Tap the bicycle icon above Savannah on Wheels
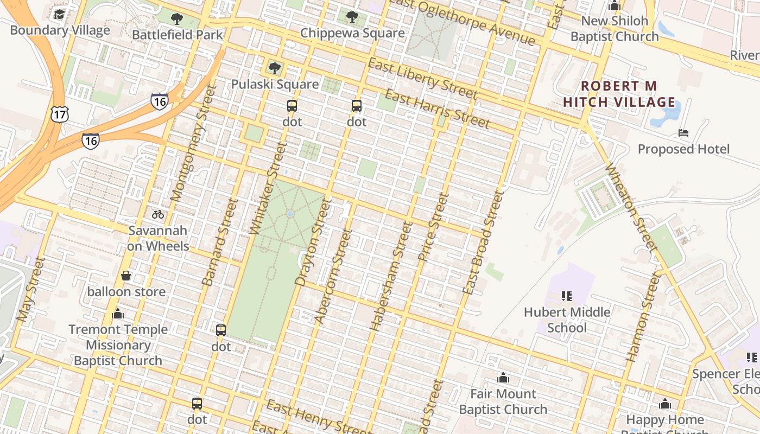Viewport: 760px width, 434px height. coord(158,214)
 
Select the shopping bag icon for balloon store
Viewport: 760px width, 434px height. coord(126,276)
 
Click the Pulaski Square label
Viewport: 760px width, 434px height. coord(275,84)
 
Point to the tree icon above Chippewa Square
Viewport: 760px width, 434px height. coord(352,17)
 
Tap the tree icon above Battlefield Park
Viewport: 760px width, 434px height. coord(177,20)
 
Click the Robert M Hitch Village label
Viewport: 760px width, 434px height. coord(619,94)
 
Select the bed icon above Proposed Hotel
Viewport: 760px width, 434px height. coord(683,133)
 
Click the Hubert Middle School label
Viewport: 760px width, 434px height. coord(567,320)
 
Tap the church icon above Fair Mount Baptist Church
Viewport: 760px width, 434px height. coord(503,378)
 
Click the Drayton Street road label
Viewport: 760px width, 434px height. coord(312,241)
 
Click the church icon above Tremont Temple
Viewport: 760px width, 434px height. coord(118,314)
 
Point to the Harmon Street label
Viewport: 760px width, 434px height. coord(644,317)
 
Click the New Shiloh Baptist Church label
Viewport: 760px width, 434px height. coord(615,29)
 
